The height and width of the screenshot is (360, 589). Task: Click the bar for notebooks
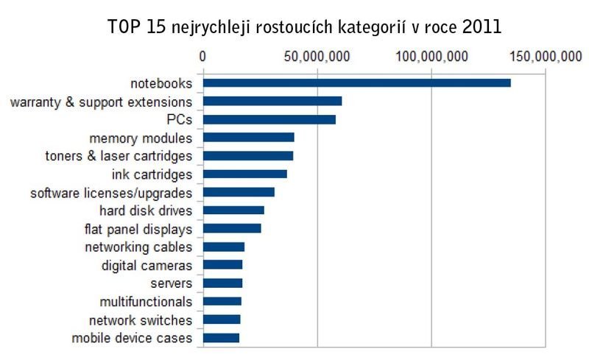[356, 83]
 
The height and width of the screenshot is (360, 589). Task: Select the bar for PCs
[269, 119]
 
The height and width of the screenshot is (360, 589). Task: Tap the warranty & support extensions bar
[272, 102]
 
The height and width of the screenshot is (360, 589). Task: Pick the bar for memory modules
[248, 138]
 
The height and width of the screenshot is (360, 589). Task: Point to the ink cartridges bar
[244, 174]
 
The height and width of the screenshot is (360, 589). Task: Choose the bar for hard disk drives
[233, 211]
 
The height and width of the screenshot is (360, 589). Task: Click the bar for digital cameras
[222, 265]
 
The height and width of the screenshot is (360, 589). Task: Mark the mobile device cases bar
[221, 338]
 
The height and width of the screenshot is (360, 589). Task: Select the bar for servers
[222, 283]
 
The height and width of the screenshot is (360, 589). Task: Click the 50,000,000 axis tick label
[317, 57]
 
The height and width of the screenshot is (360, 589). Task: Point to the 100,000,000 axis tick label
[430, 57]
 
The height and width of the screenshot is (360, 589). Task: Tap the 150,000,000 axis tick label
[544, 57]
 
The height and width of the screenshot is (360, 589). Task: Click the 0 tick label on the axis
[202, 57]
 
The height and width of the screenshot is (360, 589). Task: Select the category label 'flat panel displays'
[138, 229]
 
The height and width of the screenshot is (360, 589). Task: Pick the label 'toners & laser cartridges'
[119, 156]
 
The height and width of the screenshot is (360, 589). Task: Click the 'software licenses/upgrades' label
[111, 193]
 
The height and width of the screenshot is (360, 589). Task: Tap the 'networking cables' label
[138, 247]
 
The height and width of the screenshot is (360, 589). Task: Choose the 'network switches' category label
[141, 320]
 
